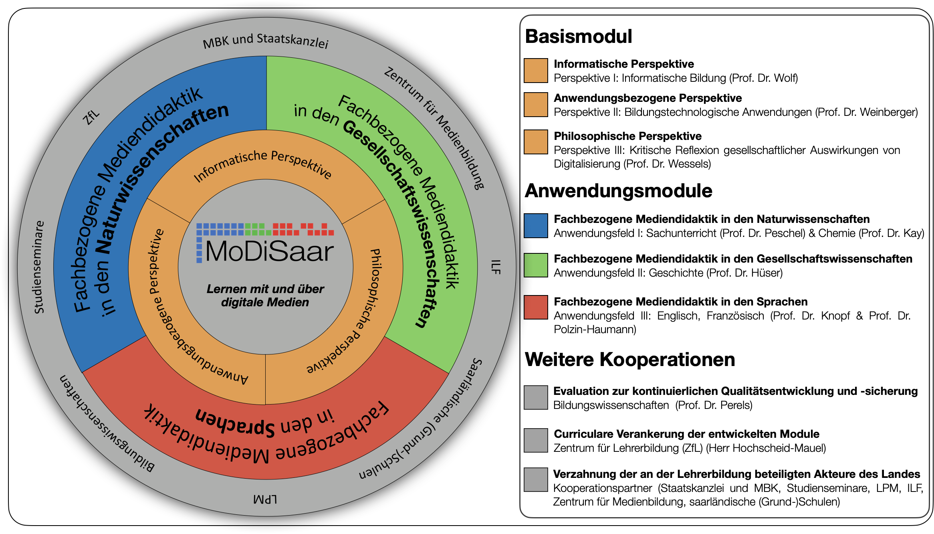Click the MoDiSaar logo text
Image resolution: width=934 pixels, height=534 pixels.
pyautogui.click(x=269, y=251)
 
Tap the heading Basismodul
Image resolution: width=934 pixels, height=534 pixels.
pyautogui.click(x=578, y=36)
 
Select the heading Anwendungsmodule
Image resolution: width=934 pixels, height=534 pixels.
pyautogui.click(x=619, y=191)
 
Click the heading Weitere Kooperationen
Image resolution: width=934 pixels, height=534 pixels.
pyautogui.click(x=630, y=359)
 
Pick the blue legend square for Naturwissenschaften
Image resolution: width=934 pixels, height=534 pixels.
pyautogui.click(x=536, y=226)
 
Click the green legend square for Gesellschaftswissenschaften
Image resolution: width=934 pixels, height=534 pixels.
pyautogui.click(x=536, y=265)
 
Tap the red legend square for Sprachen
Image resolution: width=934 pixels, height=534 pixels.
pyautogui.click(x=536, y=307)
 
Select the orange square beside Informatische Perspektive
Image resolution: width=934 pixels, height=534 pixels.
pyautogui.click(x=536, y=71)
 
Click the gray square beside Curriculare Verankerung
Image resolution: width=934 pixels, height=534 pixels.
pyautogui.click(x=536, y=440)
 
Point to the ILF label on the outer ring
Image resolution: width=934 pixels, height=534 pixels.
pyautogui.click(x=496, y=267)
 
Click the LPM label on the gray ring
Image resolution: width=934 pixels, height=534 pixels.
pyautogui.click(x=265, y=500)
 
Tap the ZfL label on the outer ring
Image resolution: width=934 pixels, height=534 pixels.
pyautogui.click(x=91, y=117)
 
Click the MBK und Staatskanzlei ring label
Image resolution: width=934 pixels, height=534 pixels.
pyautogui.click(x=266, y=41)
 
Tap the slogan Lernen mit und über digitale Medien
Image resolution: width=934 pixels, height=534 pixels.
pyautogui.click(x=265, y=295)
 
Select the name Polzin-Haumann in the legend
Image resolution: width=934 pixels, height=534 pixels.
pyautogui.click(x=595, y=330)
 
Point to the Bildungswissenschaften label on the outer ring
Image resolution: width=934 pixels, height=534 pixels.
pyautogui.click(x=107, y=424)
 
